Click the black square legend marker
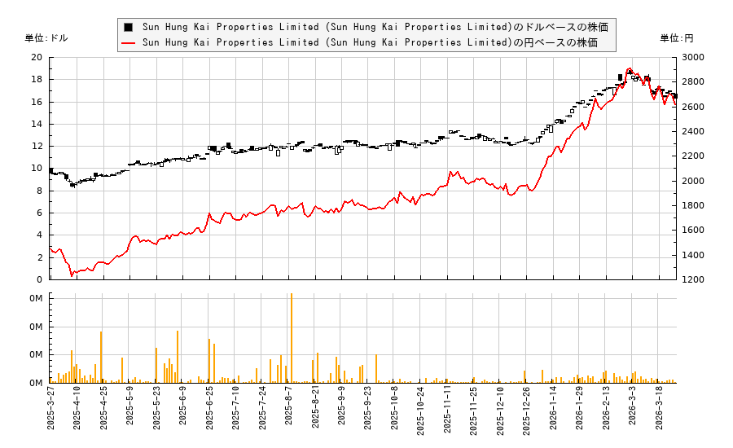coord(128,27)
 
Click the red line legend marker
coord(128,42)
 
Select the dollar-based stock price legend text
coord(375,27)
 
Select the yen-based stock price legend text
coord(370,42)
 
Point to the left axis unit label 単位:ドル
coord(47,38)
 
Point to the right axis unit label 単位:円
coord(676,38)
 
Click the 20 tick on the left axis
coord(37,58)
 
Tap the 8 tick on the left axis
coord(39,191)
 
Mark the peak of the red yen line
coord(629,69)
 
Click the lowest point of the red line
coord(72,275)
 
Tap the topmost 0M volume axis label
coord(36,299)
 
